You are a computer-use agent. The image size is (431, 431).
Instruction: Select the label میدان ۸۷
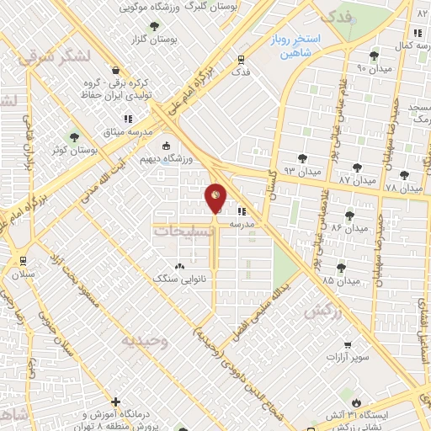click(355, 180)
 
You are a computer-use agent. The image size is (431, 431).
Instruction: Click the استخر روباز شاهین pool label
click(291, 45)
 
